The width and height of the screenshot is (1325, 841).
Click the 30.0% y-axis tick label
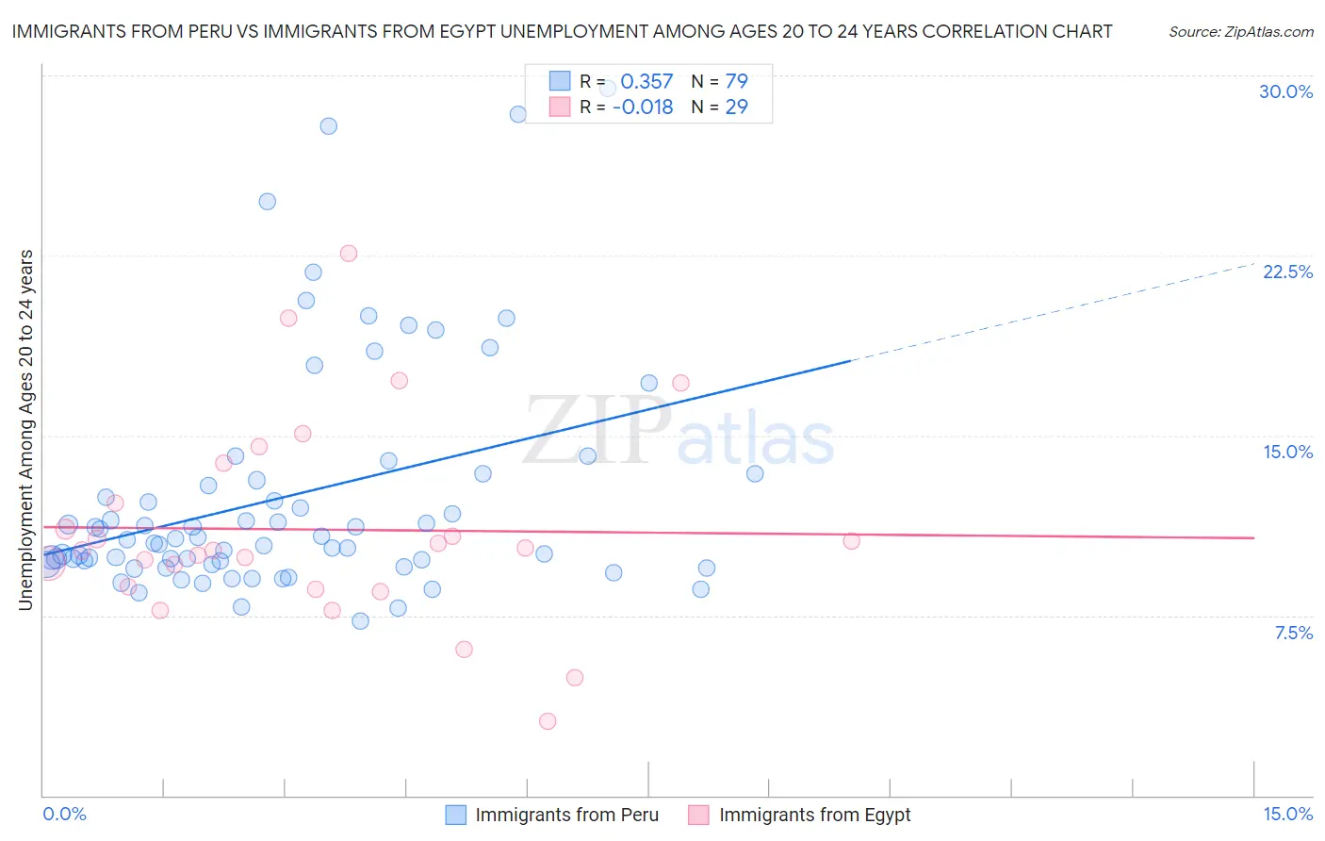(1285, 91)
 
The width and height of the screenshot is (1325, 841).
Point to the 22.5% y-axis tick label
(1287, 272)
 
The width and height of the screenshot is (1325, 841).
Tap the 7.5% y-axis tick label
(1293, 633)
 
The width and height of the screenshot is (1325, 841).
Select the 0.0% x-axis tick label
(64, 814)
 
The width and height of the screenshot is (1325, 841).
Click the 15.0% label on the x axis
(1287, 814)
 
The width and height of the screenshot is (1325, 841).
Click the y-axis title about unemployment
(25, 430)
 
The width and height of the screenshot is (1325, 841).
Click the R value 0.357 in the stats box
(646, 81)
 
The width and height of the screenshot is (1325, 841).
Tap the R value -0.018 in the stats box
(643, 107)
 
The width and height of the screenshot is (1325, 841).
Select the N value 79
(736, 81)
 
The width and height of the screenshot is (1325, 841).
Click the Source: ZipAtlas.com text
(1240, 31)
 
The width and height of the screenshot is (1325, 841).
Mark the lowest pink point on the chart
(548, 721)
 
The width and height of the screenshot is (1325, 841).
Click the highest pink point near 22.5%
(349, 253)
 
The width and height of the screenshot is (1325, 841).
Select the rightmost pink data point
(851, 541)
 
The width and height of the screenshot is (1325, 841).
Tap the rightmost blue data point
(755, 473)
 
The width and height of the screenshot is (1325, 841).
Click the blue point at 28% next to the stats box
(518, 114)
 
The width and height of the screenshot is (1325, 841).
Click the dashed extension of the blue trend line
(1055, 311)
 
